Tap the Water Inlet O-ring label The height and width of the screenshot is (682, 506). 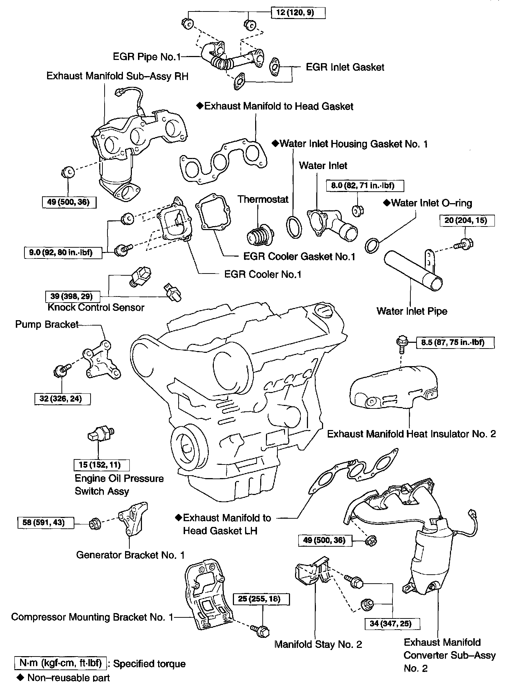tap(431, 203)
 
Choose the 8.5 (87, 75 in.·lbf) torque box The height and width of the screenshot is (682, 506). tap(455, 342)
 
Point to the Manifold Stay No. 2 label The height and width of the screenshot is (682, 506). tap(318, 644)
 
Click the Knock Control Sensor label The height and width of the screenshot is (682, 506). tap(96, 308)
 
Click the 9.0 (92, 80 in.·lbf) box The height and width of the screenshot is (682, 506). tap(61, 253)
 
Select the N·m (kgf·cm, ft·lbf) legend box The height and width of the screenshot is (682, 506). tap(61, 663)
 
